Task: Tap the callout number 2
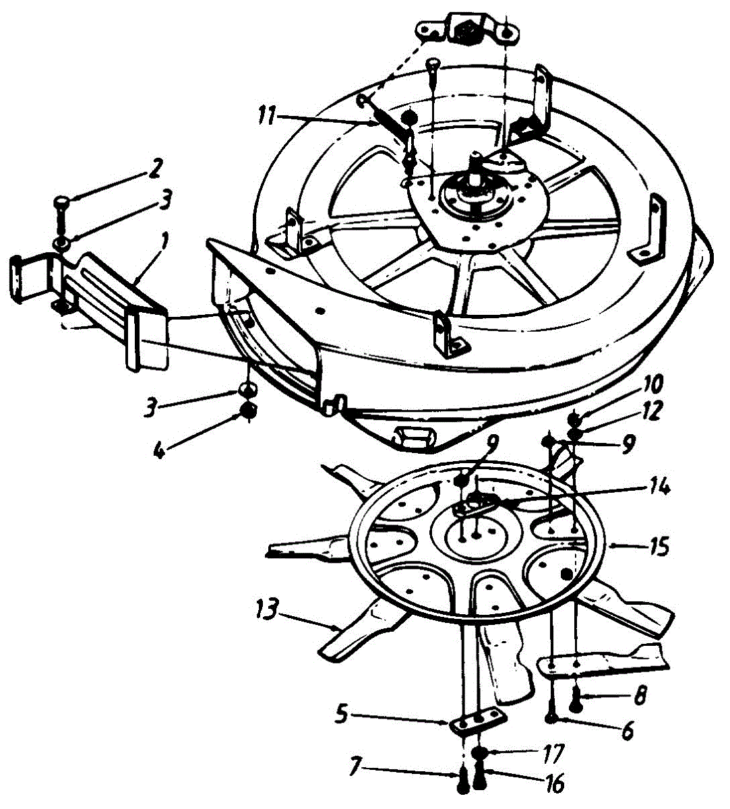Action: click(154, 169)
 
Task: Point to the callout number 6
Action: click(628, 731)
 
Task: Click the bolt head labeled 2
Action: click(60, 200)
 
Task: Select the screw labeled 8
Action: click(575, 702)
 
